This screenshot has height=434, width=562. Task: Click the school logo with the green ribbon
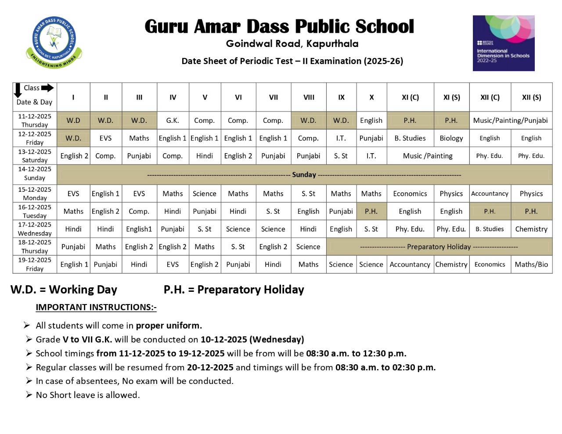coord(54,42)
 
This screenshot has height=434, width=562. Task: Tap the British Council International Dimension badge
coord(503,43)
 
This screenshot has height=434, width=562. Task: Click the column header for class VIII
coord(309,97)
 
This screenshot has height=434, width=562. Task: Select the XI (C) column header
coord(410,97)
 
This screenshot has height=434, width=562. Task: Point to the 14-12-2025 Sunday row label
coord(35,174)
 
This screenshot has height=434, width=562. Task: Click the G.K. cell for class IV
coord(173,120)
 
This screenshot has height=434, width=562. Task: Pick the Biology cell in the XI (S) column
coord(451,138)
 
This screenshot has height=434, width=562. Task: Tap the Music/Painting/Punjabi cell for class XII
coord(510,120)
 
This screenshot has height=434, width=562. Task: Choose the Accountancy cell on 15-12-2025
coord(490,194)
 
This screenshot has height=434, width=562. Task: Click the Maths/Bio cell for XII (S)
coord(531,265)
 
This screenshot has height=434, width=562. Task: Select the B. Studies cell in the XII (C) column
coord(490,229)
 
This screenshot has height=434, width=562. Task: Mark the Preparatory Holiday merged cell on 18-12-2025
coord(439,247)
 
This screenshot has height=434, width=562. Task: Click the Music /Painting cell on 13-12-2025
coord(428,156)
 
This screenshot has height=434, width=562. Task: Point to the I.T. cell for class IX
coord(341,138)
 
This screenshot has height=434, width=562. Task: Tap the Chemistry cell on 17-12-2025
coord(531,229)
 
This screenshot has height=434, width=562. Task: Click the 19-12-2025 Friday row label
coord(35,264)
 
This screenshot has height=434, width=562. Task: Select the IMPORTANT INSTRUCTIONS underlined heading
coord(96,307)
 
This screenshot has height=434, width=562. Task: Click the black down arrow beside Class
coord(18,90)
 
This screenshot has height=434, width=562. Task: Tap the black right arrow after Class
coord(47,88)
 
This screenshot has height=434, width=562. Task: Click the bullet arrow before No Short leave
coord(29,395)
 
